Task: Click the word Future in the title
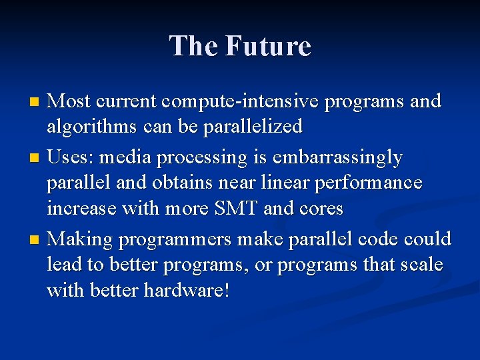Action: click(x=268, y=46)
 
